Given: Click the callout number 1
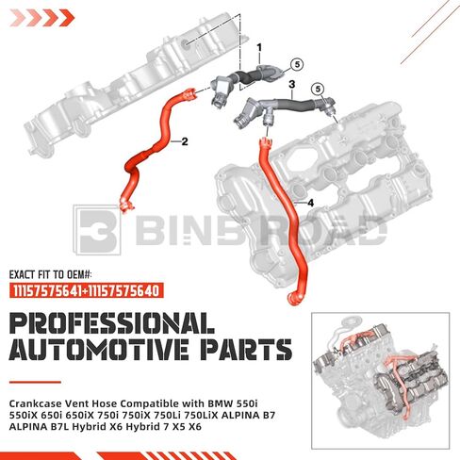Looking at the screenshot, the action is pyautogui.click(x=259, y=48).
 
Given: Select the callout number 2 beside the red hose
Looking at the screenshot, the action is pyautogui.click(x=185, y=141).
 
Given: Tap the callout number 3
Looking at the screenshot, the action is pyautogui.click(x=292, y=85).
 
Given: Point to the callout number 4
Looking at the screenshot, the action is pyautogui.click(x=310, y=203).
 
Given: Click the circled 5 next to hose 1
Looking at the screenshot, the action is pyautogui.click(x=297, y=65).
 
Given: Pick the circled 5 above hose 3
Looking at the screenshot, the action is pyautogui.click(x=318, y=90).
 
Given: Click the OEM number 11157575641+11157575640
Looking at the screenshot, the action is pyautogui.click(x=86, y=290).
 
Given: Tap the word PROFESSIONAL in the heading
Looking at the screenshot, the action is pyautogui.click(x=112, y=323).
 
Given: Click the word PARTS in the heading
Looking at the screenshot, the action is pyautogui.click(x=246, y=350).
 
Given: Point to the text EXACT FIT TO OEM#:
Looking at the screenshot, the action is pyautogui.click(x=51, y=275).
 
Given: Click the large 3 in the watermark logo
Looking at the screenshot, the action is pyautogui.click(x=97, y=230).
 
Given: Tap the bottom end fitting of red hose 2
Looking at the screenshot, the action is pyautogui.click(x=126, y=205).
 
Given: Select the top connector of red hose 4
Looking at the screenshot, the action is pyautogui.click(x=266, y=143).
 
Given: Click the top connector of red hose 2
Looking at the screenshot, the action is pyautogui.click(x=189, y=93).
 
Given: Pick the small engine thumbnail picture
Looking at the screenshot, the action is pyautogui.click(x=380, y=381).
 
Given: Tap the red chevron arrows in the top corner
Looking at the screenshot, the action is pyautogui.click(x=42, y=18).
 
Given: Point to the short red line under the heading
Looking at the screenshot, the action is pyautogui.click(x=35, y=382).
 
